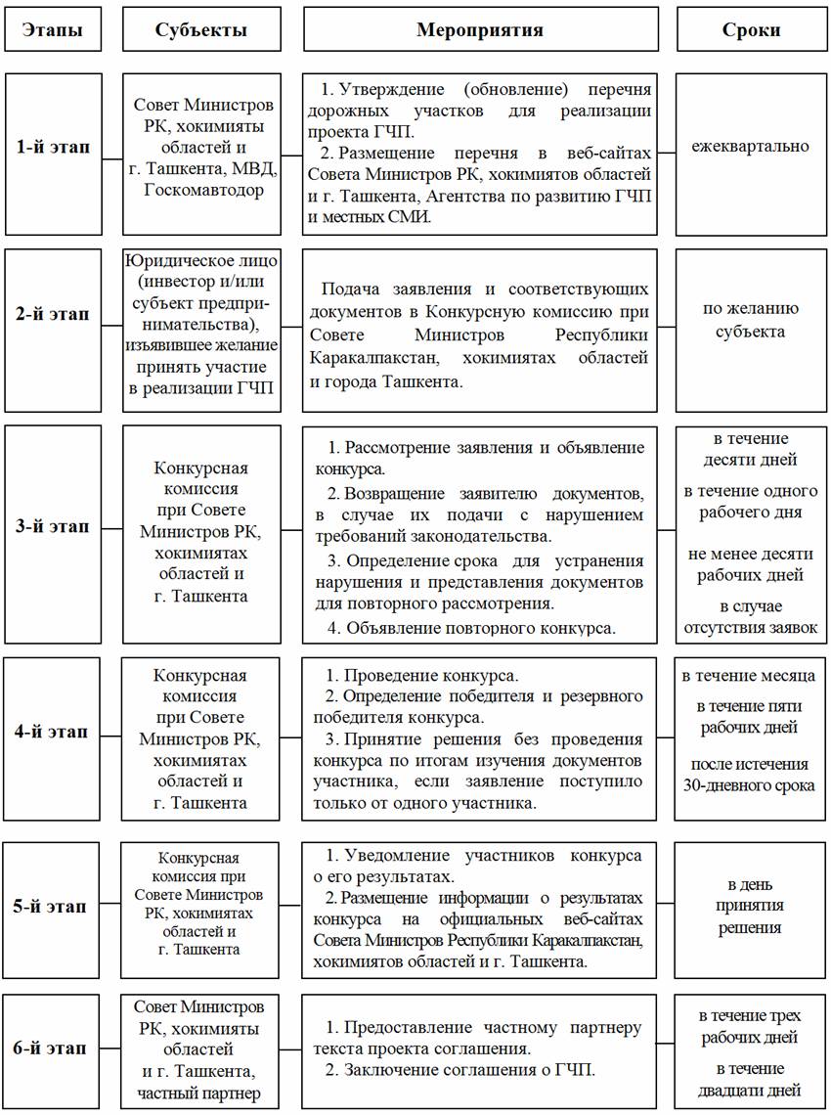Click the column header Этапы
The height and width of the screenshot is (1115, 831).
(x=53, y=29)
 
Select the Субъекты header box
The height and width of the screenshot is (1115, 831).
(x=200, y=29)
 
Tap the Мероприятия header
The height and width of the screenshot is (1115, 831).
(x=480, y=29)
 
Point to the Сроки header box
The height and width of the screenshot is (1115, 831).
(x=750, y=29)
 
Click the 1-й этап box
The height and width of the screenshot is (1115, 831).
(x=53, y=148)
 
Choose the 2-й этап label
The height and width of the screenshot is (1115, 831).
(x=53, y=314)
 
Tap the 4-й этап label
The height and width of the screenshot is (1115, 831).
(x=53, y=732)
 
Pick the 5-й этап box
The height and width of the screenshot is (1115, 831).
(x=53, y=906)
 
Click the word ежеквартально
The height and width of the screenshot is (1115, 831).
(x=750, y=147)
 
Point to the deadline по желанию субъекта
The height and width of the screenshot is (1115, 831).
(x=750, y=320)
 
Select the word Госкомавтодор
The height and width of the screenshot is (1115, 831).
(x=201, y=190)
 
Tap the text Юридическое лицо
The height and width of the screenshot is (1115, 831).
(x=201, y=261)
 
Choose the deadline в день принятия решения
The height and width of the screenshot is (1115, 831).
(x=750, y=906)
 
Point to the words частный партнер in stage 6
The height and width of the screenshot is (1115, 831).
(x=199, y=1093)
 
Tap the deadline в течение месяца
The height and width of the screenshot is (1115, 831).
(x=750, y=676)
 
